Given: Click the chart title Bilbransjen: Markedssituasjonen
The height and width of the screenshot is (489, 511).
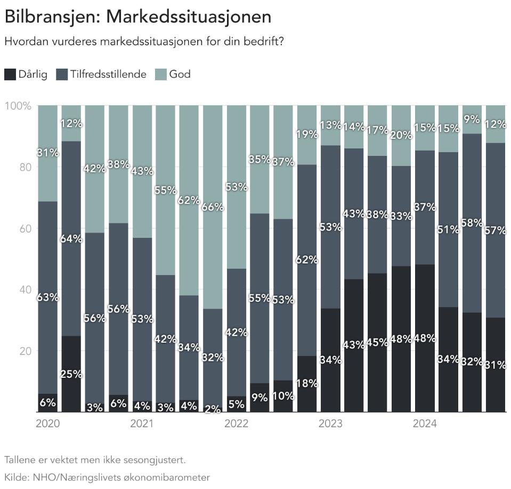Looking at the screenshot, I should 137,16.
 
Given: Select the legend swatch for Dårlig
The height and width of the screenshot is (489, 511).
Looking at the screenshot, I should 10,74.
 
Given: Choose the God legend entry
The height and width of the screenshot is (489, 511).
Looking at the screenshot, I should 180,74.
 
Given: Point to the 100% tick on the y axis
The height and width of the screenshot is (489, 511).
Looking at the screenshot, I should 18,105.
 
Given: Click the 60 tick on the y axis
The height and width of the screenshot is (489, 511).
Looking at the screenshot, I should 26,228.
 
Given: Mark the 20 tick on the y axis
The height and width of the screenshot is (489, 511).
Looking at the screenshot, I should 26,351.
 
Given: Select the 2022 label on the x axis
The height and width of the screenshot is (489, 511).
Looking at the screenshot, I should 236,424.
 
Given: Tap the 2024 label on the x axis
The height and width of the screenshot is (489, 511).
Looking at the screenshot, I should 425,424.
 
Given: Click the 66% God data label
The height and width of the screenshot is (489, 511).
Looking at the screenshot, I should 213,208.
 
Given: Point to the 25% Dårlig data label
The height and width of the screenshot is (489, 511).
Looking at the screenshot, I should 71,374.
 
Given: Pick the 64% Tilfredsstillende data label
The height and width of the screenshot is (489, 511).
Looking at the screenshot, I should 71,239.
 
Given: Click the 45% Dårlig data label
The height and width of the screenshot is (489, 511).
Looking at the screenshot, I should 377,342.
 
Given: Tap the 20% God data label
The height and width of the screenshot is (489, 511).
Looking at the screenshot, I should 401,135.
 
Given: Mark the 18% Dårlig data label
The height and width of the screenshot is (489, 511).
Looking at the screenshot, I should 307,383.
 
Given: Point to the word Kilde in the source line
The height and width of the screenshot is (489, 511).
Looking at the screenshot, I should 16,477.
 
